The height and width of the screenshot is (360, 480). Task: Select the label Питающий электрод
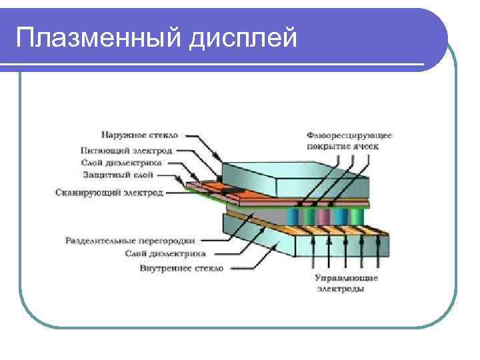[x=127, y=151]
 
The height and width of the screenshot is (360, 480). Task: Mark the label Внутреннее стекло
[x=181, y=268]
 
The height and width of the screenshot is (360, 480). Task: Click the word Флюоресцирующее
[x=349, y=135]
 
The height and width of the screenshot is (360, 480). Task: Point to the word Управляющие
[x=347, y=277]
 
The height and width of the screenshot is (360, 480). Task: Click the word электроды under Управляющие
[x=341, y=289]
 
